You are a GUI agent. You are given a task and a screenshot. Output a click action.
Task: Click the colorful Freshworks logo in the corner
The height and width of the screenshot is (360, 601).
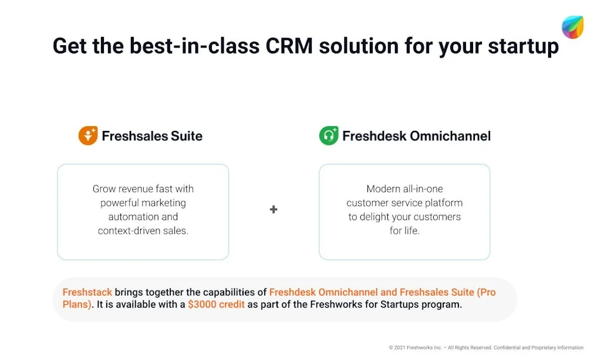[x=572, y=27]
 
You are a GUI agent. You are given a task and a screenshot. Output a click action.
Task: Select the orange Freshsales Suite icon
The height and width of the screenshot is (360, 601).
[x=88, y=136]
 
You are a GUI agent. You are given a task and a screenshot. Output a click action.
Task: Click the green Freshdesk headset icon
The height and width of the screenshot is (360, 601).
[x=329, y=136]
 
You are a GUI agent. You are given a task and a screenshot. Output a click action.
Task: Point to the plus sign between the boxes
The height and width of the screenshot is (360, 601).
[x=274, y=209]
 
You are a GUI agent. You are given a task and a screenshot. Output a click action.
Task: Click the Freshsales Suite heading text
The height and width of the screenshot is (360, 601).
[x=152, y=136]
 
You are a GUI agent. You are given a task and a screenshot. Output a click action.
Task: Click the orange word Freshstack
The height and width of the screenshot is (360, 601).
[x=87, y=292]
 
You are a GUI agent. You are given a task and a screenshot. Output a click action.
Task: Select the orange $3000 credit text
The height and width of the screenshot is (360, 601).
[x=216, y=305]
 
